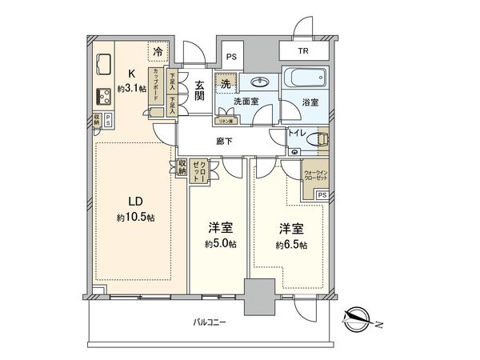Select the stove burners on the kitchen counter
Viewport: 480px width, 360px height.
pyautogui.click(x=103, y=97)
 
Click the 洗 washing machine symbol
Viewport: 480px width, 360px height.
pyautogui.click(x=226, y=84)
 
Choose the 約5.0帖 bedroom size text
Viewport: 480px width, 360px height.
pyautogui.click(x=218, y=244)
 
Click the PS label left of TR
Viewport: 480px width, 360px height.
pyautogui.click(x=231, y=56)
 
